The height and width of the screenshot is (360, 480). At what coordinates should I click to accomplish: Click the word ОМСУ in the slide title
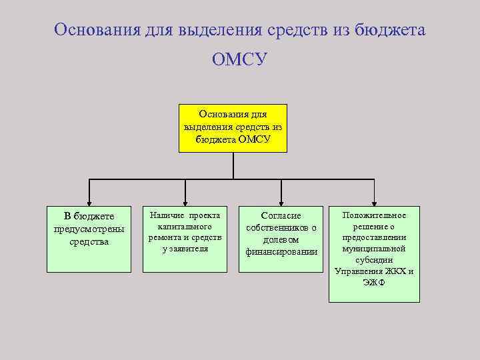click(239, 60)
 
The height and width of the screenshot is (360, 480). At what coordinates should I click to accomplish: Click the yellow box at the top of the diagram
click(233, 128)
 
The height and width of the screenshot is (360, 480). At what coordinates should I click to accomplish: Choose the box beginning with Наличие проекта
click(185, 239)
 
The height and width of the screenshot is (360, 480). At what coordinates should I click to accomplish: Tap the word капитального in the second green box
click(185, 227)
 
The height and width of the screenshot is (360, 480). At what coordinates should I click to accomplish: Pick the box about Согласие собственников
click(281, 239)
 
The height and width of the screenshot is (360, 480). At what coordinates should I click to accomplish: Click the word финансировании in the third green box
click(281, 251)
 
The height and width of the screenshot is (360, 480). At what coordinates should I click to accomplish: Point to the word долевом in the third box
click(281, 239)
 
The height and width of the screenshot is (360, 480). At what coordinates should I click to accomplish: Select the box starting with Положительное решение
click(374, 253)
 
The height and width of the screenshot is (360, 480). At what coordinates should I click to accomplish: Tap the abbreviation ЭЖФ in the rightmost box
click(374, 283)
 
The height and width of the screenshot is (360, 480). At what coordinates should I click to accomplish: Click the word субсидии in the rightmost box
click(374, 260)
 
